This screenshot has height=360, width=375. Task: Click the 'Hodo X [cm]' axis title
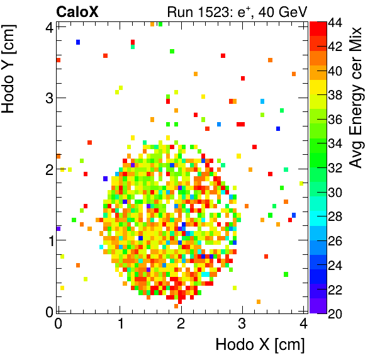(260, 345)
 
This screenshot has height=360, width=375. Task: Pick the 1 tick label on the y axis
(48, 240)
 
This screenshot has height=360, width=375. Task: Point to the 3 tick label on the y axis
(48, 98)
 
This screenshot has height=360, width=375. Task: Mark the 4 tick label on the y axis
(48, 26)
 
